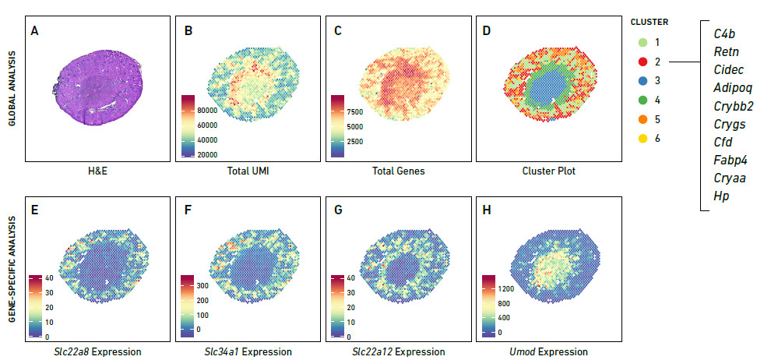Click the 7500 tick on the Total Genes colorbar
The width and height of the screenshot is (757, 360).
pyautogui.click(x=368, y=112)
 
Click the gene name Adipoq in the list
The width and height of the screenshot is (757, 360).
pyautogui.click(x=733, y=87)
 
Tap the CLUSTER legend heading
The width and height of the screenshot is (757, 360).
pyautogui.click(x=649, y=22)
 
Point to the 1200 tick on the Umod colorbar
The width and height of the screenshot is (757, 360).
pyautogui.click(x=519, y=288)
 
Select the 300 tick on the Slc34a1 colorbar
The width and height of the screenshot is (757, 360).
pyautogui.click(x=217, y=287)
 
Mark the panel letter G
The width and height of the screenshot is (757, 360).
pyautogui.click(x=336, y=210)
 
